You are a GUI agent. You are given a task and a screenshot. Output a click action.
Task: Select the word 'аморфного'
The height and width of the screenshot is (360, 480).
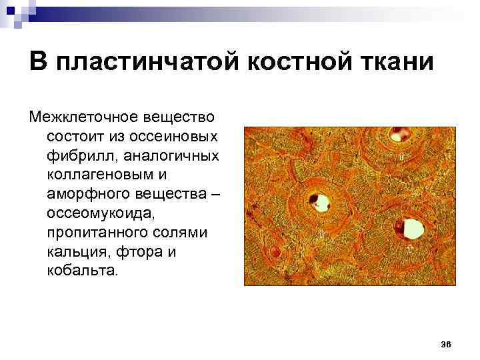82,194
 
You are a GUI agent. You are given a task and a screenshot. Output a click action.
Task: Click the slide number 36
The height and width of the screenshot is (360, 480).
446,344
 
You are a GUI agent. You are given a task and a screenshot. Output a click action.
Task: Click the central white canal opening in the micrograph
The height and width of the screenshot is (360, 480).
321,201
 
